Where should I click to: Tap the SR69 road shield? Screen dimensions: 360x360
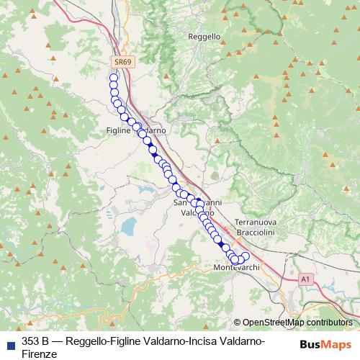(x=122, y=63)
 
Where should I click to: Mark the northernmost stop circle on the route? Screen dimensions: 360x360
(x=113, y=77)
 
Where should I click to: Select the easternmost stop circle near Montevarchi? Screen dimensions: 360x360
(x=245, y=256)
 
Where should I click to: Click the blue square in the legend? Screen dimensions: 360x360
(x=9, y=341)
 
